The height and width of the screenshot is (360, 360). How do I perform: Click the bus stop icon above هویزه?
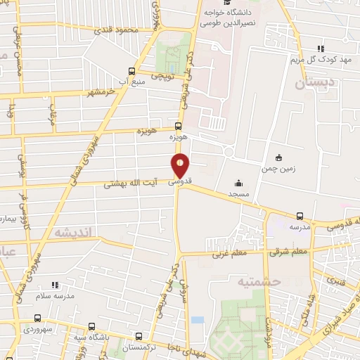(x=176, y=126)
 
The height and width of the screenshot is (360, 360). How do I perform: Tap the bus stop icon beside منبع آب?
(x=131, y=71)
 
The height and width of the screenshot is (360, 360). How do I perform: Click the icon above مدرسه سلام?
(x=56, y=285)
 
